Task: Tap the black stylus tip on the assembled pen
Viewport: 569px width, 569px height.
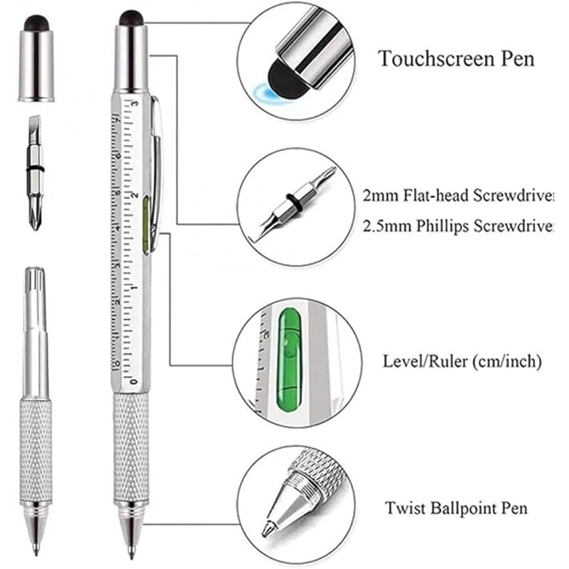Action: coord(132,18)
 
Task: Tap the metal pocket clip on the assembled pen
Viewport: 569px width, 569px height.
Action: coord(157,168)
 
